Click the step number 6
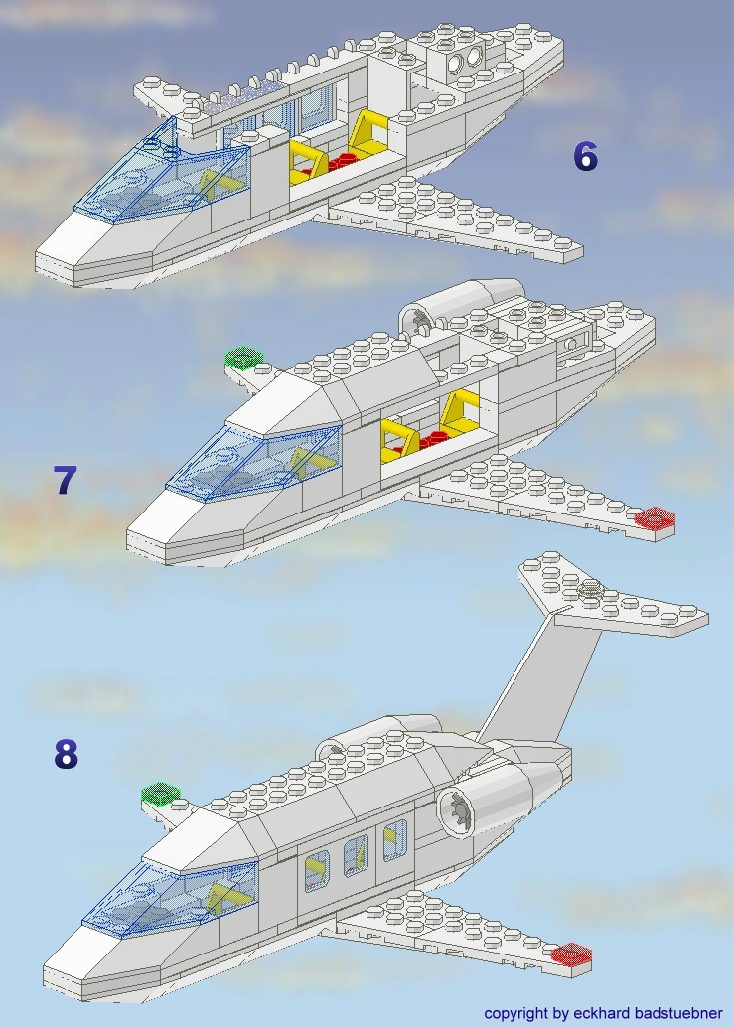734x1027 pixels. pos(585,156)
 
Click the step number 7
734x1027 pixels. pos(65,480)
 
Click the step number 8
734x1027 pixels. pos(66,755)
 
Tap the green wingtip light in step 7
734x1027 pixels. pos(242,357)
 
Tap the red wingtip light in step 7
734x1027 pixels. pos(655,517)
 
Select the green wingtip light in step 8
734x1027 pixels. pos(161,793)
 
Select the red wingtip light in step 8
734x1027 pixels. pos(571,954)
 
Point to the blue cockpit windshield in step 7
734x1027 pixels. pos(253,457)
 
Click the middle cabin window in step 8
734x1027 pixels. pos(356,854)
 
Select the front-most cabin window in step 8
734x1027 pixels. pos(317,870)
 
